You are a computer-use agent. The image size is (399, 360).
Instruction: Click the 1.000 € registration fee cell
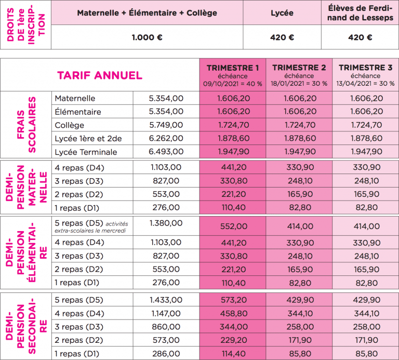147,37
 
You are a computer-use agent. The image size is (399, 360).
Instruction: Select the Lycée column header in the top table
282,12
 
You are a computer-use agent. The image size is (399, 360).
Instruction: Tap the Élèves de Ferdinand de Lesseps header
360,12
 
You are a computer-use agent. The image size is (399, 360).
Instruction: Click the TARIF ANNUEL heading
99,75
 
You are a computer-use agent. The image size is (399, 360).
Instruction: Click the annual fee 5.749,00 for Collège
166,125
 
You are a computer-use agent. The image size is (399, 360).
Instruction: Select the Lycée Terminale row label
86,152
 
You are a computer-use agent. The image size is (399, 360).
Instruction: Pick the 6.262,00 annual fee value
166,139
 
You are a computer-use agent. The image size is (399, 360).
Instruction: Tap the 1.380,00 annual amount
166,223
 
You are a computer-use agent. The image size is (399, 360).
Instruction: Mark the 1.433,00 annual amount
166,300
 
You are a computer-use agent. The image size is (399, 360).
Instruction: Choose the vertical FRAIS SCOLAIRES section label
25,125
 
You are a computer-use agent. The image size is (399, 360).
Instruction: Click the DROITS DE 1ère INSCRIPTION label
25,24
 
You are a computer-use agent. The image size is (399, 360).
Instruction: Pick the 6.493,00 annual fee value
166,152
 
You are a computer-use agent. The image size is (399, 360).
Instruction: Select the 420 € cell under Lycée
282,37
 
